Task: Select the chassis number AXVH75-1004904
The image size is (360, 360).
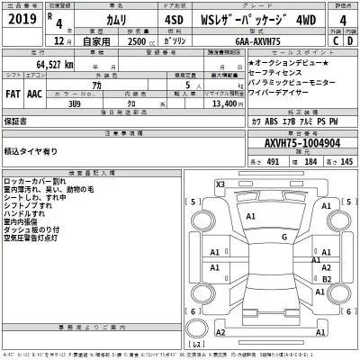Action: click(301, 142)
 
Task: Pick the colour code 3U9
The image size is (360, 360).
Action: click(73, 103)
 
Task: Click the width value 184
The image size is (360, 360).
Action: click(309, 162)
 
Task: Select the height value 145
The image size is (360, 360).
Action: click(346, 162)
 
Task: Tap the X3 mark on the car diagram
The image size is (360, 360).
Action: click(220, 184)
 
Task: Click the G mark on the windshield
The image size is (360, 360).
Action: click(284, 237)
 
